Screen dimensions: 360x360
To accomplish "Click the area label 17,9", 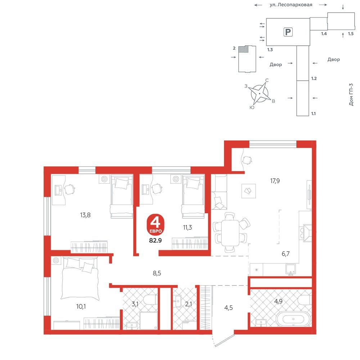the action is coord(275,181).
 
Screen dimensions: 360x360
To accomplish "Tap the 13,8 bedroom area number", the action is coord(85,215).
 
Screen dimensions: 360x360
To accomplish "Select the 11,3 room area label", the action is coord(187,228).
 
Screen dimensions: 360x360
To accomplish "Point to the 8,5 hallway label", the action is coord(157,273).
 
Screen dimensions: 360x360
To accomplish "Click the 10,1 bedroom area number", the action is coord(81,306).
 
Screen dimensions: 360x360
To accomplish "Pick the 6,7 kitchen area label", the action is coord(285,254).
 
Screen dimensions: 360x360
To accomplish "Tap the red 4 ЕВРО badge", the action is coord(156,225).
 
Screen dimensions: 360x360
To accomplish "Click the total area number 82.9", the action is coord(156,240).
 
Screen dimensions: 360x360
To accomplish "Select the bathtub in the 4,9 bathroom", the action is coord(293,319).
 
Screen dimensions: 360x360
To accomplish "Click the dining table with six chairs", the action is coord(230,233).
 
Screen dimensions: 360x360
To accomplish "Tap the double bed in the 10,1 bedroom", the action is coord(80,278).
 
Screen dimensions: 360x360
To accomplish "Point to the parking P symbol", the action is coord(288,32).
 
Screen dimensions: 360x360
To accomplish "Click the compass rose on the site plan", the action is coord(260,94).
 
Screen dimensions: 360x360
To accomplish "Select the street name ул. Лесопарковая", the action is coord(291,5).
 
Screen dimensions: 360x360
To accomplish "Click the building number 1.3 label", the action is coord(270,50).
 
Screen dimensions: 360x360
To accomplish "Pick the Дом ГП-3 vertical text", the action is coord(351,94).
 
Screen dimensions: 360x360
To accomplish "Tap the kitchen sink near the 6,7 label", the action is coord(291,270).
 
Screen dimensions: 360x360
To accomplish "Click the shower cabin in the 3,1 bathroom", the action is coord(149,320).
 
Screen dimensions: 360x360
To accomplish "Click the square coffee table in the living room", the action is coord(249,191).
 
